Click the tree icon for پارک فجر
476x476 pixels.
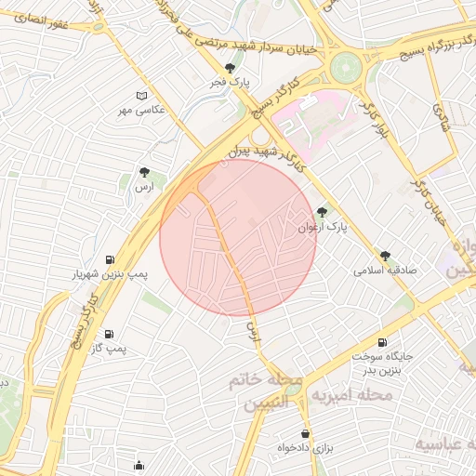click(x=231, y=68)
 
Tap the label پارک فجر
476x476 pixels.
click(x=230, y=83)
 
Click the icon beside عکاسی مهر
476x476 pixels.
click(x=141, y=96)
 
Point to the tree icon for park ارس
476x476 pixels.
click(x=143, y=172)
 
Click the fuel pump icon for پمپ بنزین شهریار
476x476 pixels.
click(x=111, y=259)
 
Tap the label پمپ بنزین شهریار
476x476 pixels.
click(x=111, y=274)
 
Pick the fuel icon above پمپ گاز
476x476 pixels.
click(x=109, y=334)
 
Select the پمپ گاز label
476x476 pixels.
click(x=109, y=348)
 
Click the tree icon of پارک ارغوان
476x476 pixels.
click(x=323, y=212)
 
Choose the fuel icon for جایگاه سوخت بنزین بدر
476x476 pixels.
click(x=381, y=342)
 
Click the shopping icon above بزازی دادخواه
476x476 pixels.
click(x=305, y=433)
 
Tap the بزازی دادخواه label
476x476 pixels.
click(x=305, y=448)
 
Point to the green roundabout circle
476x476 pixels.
click(x=345, y=66)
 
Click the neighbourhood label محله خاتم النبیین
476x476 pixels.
click(x=271, y=393)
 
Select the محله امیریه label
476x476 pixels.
click(x=356, y=396)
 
